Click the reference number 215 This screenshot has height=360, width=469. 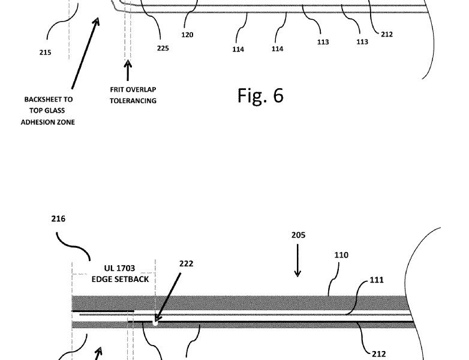pos(45,52)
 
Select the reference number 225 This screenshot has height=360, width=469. pos(163,48)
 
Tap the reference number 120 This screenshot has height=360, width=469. pos(187,35)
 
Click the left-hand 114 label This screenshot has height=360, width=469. pos(238,49)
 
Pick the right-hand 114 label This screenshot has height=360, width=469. pos(277,49)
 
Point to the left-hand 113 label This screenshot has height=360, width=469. pos(323,42)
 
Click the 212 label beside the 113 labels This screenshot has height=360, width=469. pos(387,34)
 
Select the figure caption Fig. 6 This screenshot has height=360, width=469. pos(260,95)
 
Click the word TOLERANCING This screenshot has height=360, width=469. pos(133,101)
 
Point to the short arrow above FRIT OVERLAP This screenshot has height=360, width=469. pos(128,70)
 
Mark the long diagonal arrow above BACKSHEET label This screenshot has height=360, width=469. pos(85,53)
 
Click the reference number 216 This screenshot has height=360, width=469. pos(58,219)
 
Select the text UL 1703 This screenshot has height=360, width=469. pos(119,268)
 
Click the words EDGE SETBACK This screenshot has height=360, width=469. pos(120,280)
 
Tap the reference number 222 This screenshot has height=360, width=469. pos(187,263)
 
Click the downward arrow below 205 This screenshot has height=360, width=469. pos(297,260)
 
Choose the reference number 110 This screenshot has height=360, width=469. pos(341,255)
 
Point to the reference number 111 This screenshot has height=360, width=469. pos(377,280)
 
